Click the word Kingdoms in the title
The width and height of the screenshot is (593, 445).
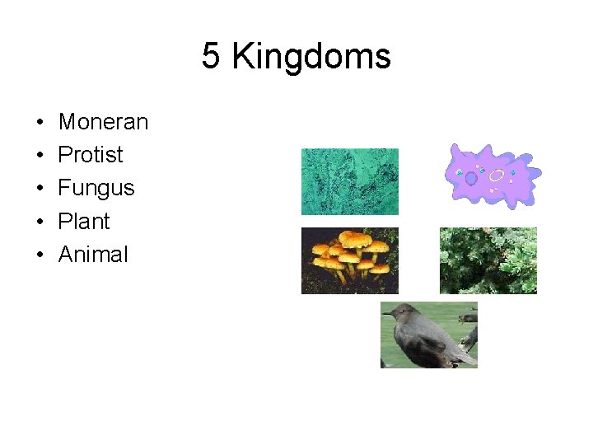311,58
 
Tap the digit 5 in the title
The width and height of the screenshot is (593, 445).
211,57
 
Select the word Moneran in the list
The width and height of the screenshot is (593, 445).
103,122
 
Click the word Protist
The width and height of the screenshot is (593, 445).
91,155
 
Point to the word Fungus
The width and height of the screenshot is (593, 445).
96,188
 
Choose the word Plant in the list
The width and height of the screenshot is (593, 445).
84,221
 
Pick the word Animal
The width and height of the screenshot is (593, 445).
93,254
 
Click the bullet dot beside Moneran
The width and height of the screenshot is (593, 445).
40,123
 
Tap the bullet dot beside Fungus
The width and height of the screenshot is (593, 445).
40,189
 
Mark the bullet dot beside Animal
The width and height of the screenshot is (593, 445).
40,255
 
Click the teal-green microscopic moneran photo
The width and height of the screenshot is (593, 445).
349,181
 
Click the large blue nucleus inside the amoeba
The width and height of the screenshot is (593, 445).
471,178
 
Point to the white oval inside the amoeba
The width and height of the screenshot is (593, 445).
496,175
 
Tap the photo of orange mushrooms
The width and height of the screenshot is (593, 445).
349,260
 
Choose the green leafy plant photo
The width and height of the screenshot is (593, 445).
488,260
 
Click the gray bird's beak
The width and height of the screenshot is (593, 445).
386,313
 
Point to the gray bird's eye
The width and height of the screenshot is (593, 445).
398,311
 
